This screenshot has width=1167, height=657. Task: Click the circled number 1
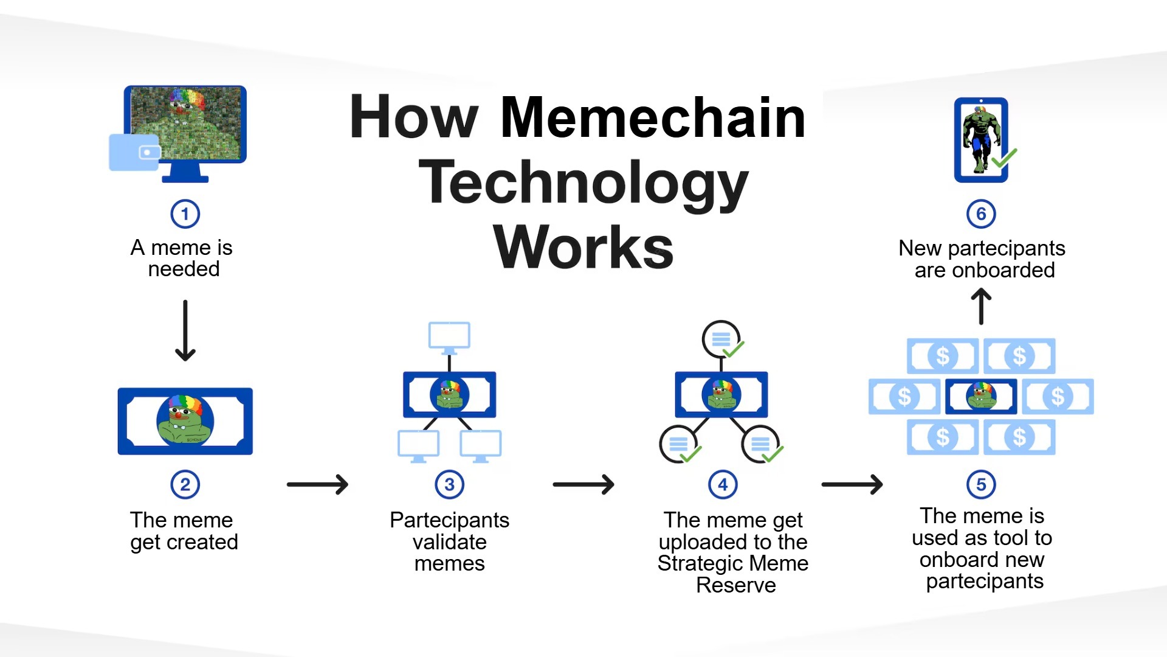click(x=185, y=214)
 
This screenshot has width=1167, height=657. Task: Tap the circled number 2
click(x=185, y=485)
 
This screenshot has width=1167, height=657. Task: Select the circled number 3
click(x=449, y=485)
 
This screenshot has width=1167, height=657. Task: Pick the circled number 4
click(x=723, y=485)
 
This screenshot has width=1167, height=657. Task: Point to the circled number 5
click(x=981, y=485)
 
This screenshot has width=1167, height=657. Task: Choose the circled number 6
click(x=981, y=214)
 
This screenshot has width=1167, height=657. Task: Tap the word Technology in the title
click(x=583, y=183)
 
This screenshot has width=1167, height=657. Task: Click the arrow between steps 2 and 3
click(x=317, y=485)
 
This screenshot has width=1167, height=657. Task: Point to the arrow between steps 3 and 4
click(x=583, y=485)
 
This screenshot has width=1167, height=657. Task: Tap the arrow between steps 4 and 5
click(x=852, y=485)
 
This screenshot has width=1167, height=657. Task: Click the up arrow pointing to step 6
click(x=981, y=306)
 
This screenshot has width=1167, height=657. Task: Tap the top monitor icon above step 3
click(x=449, y=336)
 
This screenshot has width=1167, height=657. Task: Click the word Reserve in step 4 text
click(x=735, y=585)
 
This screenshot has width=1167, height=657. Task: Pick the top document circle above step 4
click(x=721, y=339)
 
